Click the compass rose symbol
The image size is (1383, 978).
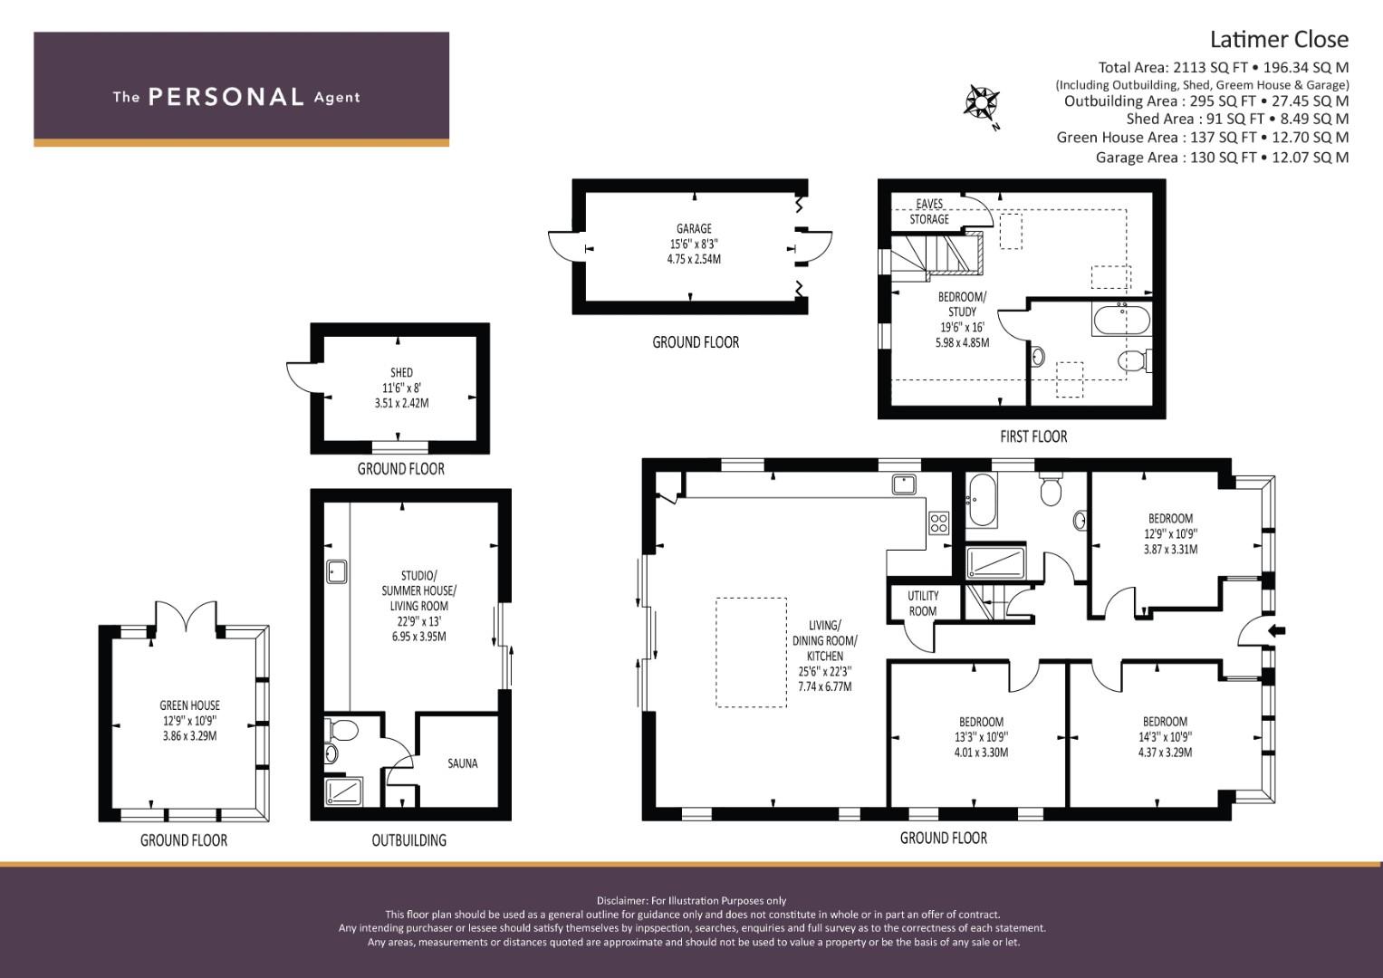point(982,104)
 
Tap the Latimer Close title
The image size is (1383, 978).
point(1279,40)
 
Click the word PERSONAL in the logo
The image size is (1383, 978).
point(226,97)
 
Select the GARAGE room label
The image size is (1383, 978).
point(694,228)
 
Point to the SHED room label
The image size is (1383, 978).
point(401,372)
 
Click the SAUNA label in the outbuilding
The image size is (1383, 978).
point(463,763)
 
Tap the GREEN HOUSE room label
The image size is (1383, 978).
point(189,705)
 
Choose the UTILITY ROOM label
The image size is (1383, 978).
point(923,603)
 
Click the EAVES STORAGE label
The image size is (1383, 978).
point(929,211)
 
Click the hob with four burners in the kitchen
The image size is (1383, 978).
point(938,523)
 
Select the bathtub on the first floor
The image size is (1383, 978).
point(1121,320)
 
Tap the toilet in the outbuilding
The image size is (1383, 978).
point(341,731)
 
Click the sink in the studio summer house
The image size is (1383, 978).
point(337,571)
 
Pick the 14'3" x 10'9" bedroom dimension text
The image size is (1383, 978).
point(1165,736)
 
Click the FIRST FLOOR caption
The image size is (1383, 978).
point(1033,436)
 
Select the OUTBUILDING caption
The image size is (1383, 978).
point(408,839)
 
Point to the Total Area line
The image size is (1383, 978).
point(1223,67)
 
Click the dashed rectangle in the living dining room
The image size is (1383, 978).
point(752,652)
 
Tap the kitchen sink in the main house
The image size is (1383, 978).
point(904,484)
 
